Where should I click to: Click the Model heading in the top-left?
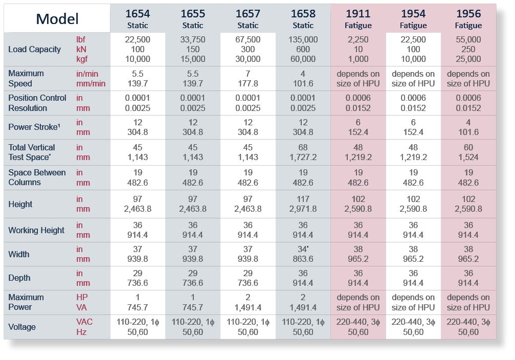(57, 19)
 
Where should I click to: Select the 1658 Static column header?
(303, 18)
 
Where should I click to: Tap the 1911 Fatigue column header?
(358, 18)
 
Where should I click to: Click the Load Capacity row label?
(34, 50)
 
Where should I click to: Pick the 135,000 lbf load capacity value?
(303, 40)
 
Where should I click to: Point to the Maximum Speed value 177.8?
(248, 83)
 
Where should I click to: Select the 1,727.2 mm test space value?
(303, 157)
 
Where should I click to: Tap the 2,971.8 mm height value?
(303, 209)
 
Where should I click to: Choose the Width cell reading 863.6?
(303, 259)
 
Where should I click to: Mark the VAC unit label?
(85, 322)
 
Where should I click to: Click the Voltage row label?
(22, 327)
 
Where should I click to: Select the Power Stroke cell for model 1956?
(468, 127)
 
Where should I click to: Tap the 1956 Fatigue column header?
(468, 18)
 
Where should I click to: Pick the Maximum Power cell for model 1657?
(248, 302)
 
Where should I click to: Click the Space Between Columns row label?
(37, 177)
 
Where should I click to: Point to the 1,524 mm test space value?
(468, 157)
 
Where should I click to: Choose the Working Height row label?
(36, 230)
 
